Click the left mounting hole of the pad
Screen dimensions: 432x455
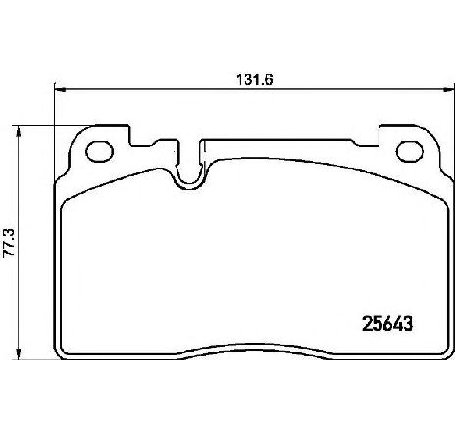[99, 152]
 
